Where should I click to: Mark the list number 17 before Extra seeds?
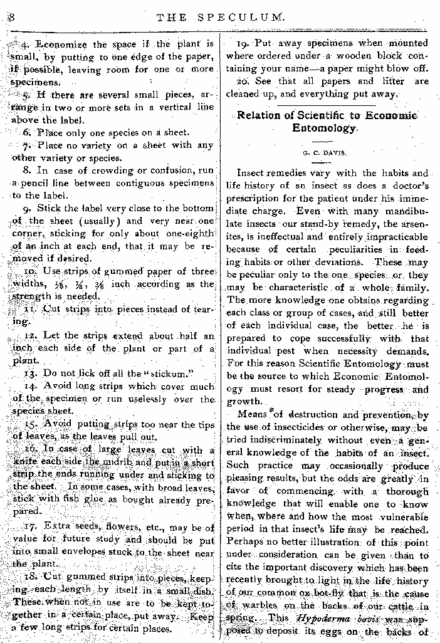click(30, 528)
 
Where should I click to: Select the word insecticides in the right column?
click(281, 427)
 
